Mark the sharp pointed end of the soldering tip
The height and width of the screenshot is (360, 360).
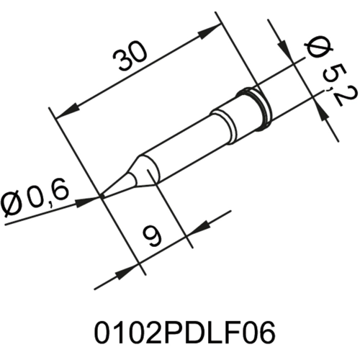[102, 194]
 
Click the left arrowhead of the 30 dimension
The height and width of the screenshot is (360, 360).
[65, 114]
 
